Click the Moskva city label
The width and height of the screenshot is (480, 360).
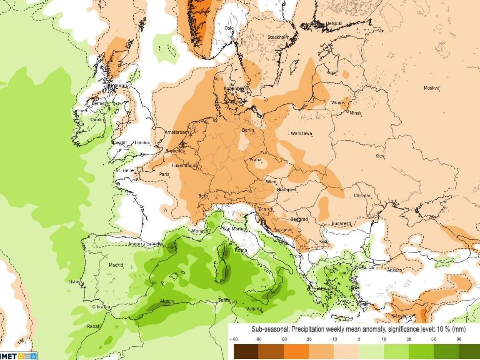[432, 88]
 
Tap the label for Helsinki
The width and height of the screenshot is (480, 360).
[334, 23]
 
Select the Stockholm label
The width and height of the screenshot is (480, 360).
[278, 37]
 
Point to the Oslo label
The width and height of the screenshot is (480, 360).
[229, 28]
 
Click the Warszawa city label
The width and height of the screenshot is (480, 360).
[301, 134]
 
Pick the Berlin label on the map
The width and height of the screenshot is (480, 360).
[248, 130]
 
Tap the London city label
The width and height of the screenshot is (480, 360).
[142, 143]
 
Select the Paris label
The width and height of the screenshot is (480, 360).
[164, 174]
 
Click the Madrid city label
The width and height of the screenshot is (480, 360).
[116, 265]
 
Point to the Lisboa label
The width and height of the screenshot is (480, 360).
[75, 282]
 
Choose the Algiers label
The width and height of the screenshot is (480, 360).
[167, 301]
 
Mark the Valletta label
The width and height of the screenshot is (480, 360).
[254, 309]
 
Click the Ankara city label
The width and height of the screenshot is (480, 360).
[394, 270]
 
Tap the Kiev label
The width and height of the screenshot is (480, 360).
[380, 156]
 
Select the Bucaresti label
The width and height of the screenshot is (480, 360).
[341, 224]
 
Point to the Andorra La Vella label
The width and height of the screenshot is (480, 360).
[145, 244]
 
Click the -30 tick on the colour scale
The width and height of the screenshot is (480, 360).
[308, 340]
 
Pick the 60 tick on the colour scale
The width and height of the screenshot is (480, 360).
[434, 340]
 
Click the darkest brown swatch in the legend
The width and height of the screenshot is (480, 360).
[246, 351]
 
